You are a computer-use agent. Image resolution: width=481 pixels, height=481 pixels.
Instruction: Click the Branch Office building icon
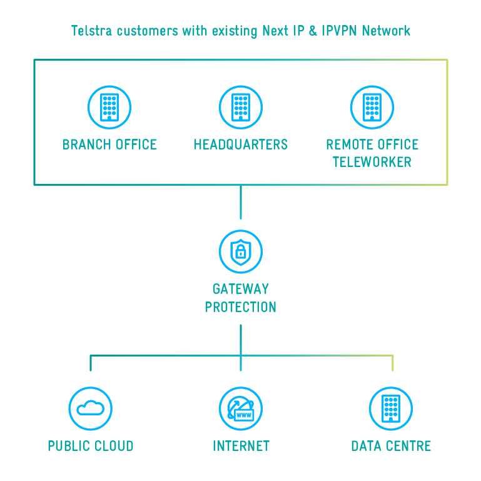109,107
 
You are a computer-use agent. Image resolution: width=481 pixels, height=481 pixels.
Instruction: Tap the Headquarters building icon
241,107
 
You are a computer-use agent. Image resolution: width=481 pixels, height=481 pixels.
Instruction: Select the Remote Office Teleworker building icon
372,107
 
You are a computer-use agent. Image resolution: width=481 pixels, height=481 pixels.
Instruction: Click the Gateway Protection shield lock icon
241,251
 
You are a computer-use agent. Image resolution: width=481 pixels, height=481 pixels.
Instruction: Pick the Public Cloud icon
91,408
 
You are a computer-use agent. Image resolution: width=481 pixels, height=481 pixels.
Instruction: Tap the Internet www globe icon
241,408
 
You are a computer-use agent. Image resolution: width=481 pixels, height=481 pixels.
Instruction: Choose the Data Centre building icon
391,408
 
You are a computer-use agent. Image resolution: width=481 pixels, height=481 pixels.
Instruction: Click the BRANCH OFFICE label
109,144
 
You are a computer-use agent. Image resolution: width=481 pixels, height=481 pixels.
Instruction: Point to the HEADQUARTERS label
241,144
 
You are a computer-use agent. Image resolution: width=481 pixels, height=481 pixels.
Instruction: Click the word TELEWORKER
372,162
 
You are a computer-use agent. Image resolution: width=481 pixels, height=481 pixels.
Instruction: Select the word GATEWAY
241,289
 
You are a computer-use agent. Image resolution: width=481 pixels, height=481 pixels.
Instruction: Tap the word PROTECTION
241,307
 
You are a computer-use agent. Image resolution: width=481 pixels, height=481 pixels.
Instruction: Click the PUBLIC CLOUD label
91,446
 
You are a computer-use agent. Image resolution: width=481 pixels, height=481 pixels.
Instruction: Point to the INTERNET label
241,446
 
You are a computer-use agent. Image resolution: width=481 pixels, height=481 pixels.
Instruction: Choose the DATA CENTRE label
391,446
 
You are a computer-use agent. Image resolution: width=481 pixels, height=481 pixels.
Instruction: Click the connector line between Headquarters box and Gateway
241,201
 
